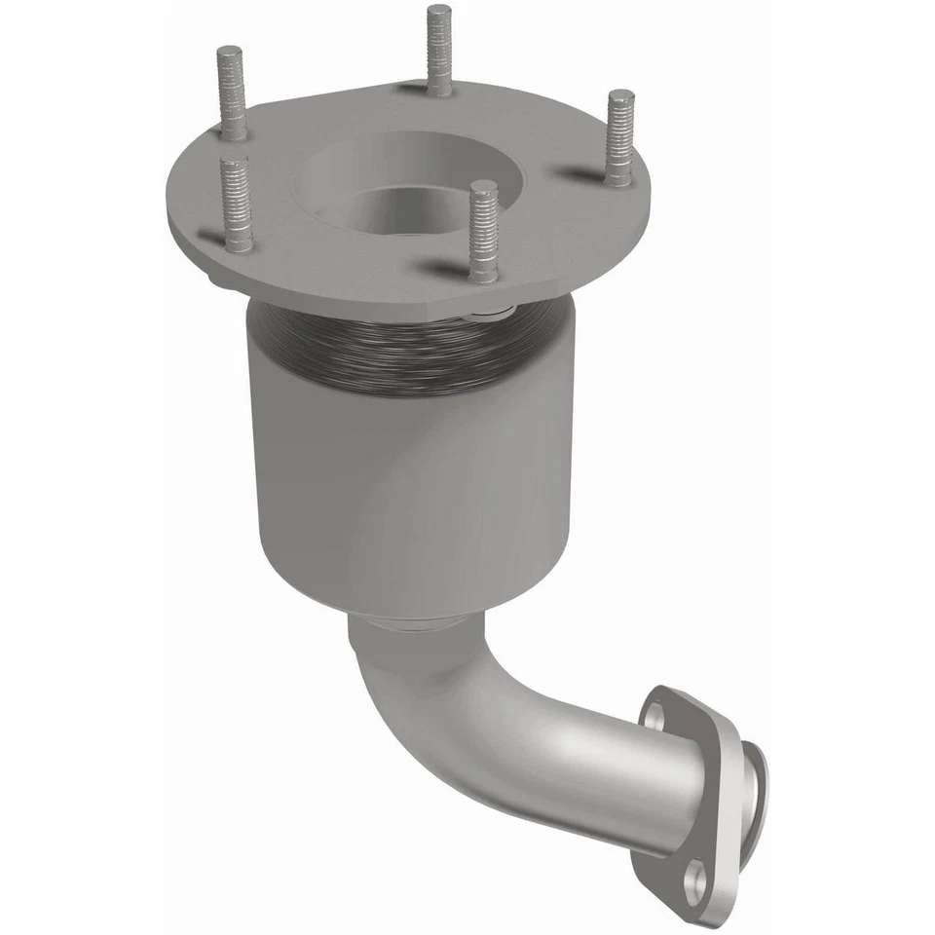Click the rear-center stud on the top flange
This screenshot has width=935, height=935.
439,49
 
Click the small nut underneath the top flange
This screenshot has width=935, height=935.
487,313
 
